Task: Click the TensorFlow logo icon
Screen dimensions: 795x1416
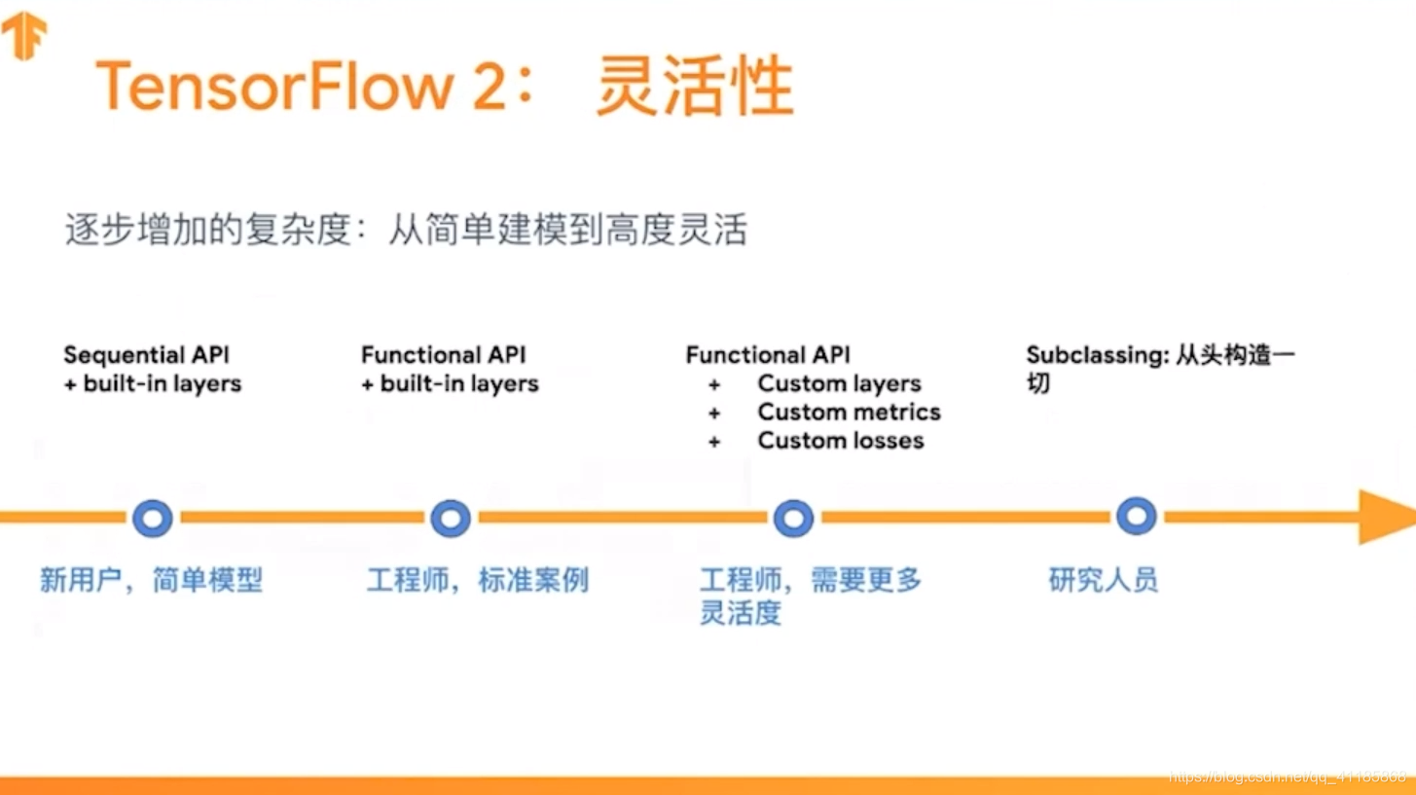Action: (24, 35)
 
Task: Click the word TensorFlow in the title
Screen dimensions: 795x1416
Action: (274, 87)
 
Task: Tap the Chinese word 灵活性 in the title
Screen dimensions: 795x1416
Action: (694, 87)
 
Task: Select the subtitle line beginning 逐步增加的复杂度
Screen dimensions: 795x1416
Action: (406, 231)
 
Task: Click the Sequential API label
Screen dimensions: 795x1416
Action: (147, 355)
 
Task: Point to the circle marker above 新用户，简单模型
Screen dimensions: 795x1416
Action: (153, 518)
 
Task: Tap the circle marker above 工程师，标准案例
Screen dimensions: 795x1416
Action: (451, 518)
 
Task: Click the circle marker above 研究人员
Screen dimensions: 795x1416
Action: (1136, 516)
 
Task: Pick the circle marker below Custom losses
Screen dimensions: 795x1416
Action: (793, 518)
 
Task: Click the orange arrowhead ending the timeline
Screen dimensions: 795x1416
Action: (1386, 517)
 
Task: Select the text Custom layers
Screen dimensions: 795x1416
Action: (839, 383)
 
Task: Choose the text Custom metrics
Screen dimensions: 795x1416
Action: (849, 413)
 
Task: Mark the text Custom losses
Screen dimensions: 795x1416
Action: (841, 441)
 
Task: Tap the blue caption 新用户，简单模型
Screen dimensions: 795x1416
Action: (151, 581)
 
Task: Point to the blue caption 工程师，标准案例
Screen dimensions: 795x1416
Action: (477, 581)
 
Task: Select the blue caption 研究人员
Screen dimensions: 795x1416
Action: (1103, 581)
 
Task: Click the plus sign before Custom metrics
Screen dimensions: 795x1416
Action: (714, 414)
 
